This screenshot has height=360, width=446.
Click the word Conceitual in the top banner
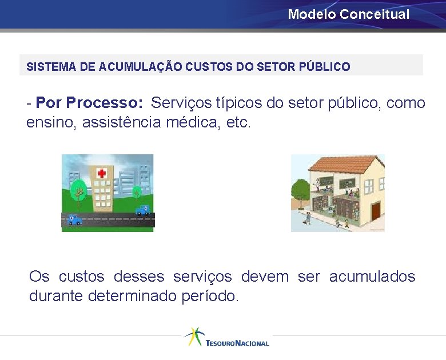tap(375, 14)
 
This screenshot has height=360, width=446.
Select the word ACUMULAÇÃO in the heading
tap(140, 67)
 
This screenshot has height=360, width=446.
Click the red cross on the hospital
tap(102, 173)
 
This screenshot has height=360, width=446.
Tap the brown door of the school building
tap(375, 211)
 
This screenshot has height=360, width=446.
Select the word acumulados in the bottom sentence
tap(372, 277)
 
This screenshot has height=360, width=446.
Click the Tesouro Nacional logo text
tap(237, 343)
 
